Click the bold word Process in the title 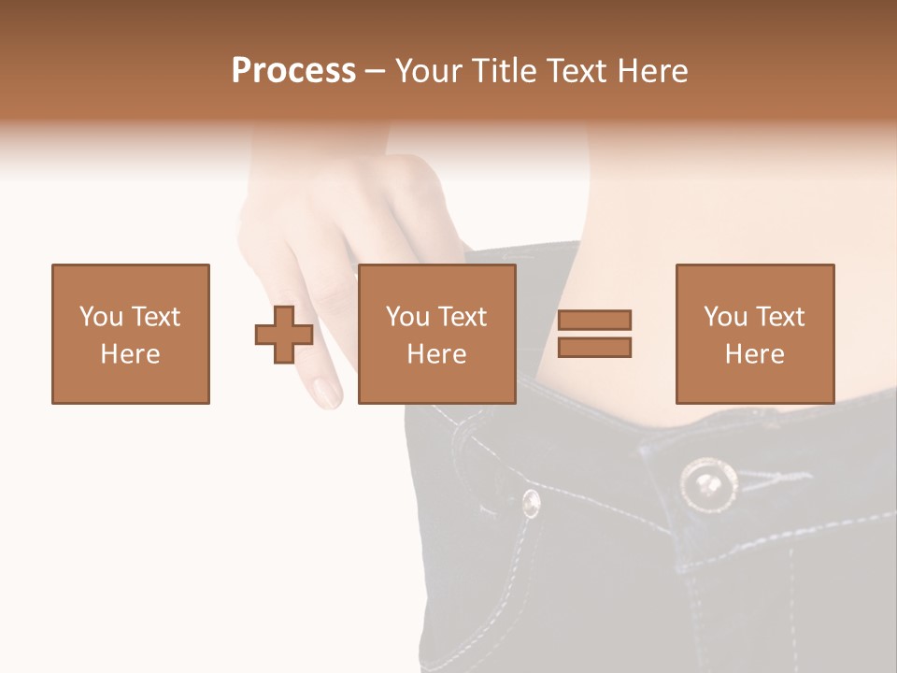click(x=293, y=71)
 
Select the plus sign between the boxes click(x=284, y=335)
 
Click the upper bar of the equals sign click(x=594, y=321)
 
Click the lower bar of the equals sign click(x=594, y=347)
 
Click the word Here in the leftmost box click(x=130, y=354)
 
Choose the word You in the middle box click(x=407, y=317)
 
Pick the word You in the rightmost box click(x=725, y=317)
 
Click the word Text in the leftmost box click(x=155, y=317)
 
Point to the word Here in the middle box click(x=436, y=354)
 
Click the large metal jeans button click(x=708, y=485)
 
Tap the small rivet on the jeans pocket click(x=531, y=504)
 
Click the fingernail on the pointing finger click(x=327, y=391)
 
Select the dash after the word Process click(x=375, y=71)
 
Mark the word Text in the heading click(x=571, y=71)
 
